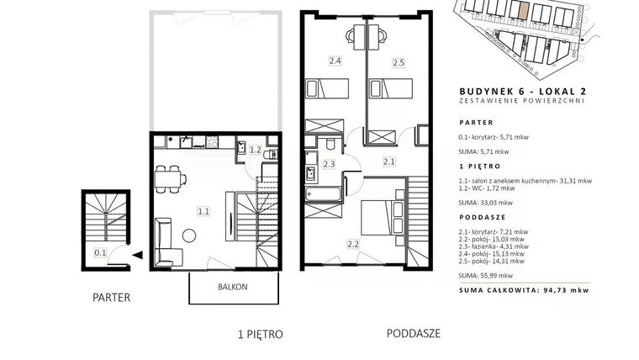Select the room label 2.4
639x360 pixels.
(334, 61)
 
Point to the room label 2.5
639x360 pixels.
(399, 61)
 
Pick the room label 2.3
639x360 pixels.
(329, 164)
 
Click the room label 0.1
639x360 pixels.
(99, 251)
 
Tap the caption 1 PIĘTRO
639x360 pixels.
(261, 334)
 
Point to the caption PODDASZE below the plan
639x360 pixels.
(414, 333)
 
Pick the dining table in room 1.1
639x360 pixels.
(170, 177)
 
